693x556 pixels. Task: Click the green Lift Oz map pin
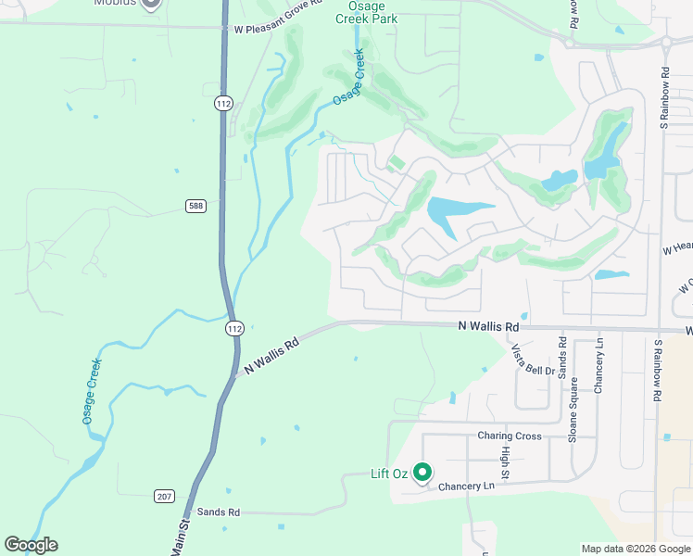pos(422,473)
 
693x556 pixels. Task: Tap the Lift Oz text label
pos(389,474)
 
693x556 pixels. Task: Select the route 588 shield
pos(195,205)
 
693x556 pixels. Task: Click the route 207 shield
pos(164,497)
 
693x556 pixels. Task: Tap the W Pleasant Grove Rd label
pos(277,29)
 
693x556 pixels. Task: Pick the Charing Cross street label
pos(510,436)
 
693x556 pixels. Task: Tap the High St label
pos(506,457)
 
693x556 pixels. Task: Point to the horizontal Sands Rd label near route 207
pos(218,512)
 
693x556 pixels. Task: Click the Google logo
pos(31,545)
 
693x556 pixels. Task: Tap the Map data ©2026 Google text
pos(635,549)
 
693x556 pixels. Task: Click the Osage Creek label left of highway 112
pos(92,391)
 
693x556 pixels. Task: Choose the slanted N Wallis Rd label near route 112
pos(271,356)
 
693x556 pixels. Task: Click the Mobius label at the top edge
pos(115,3)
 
